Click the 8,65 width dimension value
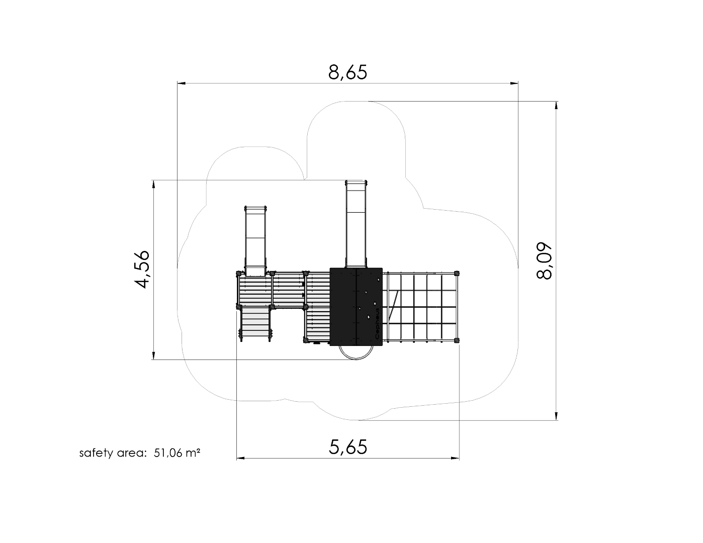[x=348, y=72]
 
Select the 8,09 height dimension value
[x=544, y=260]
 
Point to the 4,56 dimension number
[x=142, y=269]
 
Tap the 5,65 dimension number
[x=348, y=447]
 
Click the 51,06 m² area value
[x=177, y=453]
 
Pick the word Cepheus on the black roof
[x=377, y=324]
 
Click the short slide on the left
[x=255, y=241]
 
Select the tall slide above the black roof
[x=356, y=224]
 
